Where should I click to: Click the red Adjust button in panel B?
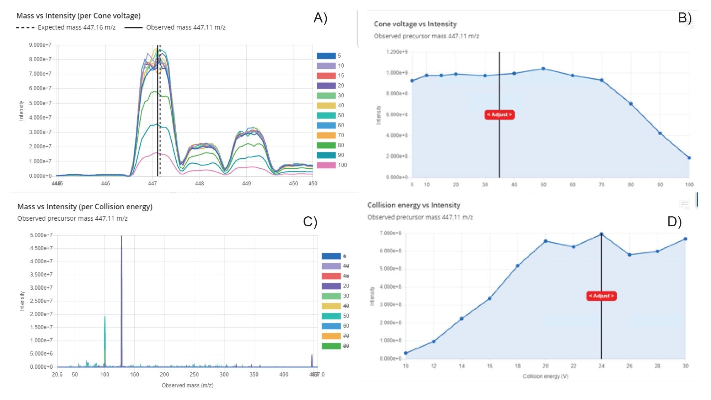tap(499, 115)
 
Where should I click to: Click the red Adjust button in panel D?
tap(601, 296)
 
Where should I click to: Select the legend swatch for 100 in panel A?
tap(326, 165)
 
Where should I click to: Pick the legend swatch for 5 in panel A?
tap(326, 56)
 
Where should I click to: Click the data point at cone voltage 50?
tap(543, 69)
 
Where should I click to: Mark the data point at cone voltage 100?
tap(689, 158)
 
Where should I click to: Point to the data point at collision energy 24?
tap(601, 234)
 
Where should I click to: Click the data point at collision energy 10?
tap(406, 353)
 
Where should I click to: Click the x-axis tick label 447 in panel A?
tap(153, 184)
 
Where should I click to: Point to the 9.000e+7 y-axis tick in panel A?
tap(40, 45)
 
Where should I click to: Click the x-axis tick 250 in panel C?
tap(194, 374)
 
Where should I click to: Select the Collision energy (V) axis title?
tap(545, 376)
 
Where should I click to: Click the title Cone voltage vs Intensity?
tap(415, 24)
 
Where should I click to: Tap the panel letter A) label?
tap(320, 17)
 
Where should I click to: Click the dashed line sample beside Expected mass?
tap(25, 27)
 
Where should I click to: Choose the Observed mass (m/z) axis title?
tap(187, 385)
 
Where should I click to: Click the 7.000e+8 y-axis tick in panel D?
tap(390, 233)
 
